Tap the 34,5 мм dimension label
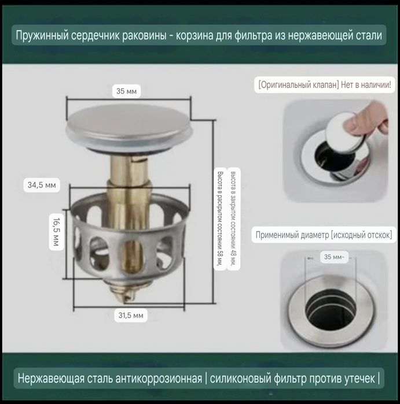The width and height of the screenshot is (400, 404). pos(42,185)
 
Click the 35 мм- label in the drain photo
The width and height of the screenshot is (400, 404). pos(334,257)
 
